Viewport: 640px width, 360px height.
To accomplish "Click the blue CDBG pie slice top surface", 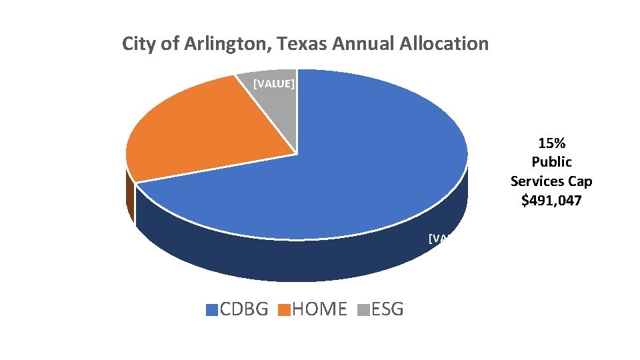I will (347, 173).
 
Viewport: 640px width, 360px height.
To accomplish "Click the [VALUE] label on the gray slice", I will (275, 84).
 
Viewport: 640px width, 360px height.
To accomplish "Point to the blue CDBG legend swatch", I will (212, 310).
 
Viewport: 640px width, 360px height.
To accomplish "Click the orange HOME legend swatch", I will (285, 310).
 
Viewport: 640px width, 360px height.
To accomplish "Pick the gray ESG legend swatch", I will (364, 310).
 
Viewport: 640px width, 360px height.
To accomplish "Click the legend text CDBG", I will (244, 309).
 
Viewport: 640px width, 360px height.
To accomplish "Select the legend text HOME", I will (319, 309).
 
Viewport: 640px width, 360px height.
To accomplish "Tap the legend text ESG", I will (387, 309).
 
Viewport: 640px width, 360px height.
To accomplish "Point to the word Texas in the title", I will (299, 44).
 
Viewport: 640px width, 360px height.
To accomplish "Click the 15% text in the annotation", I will (551, 143).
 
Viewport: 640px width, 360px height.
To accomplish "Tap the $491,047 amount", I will (551, 200).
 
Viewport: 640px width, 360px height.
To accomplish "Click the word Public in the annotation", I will (551, 162).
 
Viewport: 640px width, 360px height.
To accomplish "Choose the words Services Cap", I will (551, 181).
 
